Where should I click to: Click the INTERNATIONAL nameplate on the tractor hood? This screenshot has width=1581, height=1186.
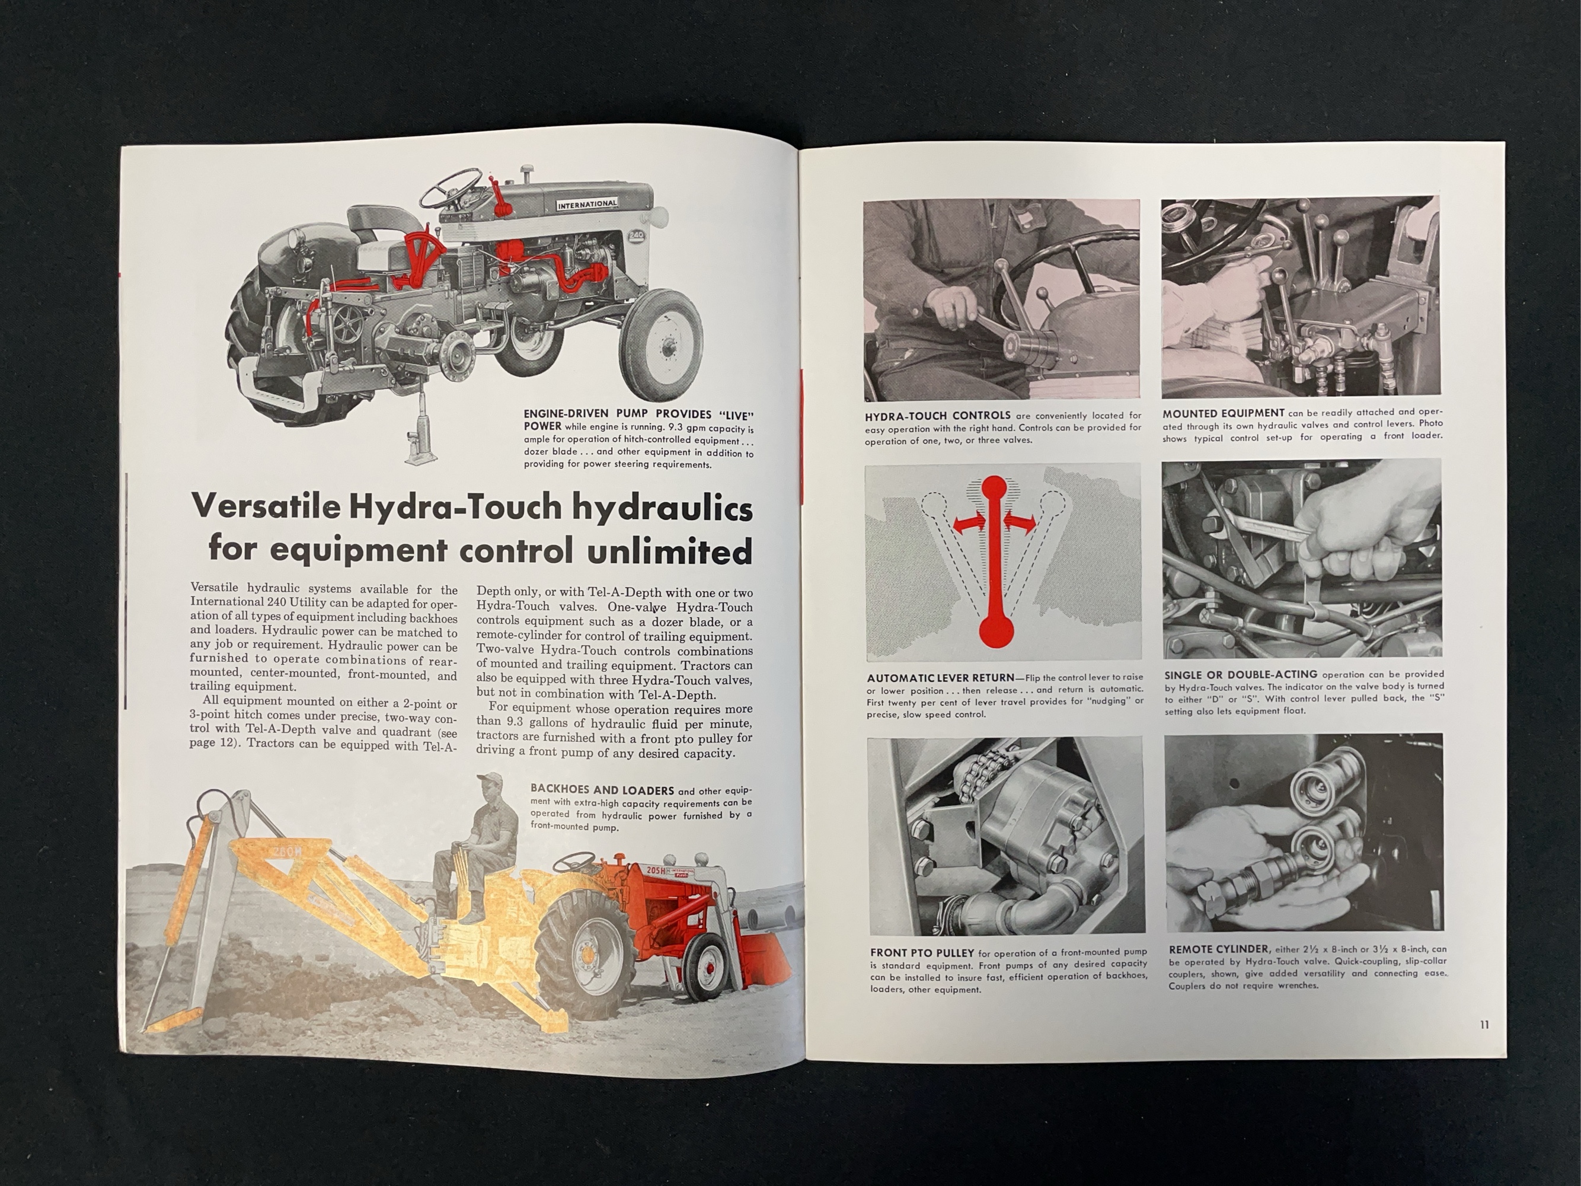point(587,204)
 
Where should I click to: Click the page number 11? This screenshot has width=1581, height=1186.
point(1484,1025)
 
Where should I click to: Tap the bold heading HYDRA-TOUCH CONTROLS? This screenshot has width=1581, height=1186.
point(937,415)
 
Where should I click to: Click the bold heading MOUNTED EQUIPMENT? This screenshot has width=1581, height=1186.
point(1223,413)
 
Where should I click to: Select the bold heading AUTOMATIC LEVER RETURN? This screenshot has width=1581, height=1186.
point(941,678)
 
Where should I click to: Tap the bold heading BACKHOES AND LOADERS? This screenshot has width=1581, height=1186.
point(602,790)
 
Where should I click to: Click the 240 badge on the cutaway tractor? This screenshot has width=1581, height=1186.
point(637,236)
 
